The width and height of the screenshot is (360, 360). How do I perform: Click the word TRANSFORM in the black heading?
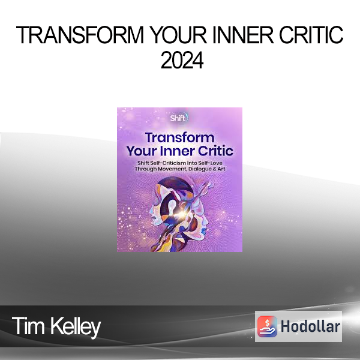(x=80, y=35)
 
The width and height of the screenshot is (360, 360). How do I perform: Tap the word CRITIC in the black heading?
(x=311, y=35)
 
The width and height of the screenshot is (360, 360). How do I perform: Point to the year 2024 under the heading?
(x=182, y=60)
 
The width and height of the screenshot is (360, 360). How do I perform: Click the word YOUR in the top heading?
(x=178, y=35)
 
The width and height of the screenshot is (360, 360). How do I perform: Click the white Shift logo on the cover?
(x=179, y=118)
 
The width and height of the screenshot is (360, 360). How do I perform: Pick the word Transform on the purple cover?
(x=180, y=138)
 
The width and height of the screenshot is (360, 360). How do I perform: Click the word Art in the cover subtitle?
(x=221, y=169)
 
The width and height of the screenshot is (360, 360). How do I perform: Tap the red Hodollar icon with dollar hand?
(x=267, y=326)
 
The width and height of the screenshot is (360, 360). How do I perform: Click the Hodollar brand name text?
(x=310, y=326)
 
